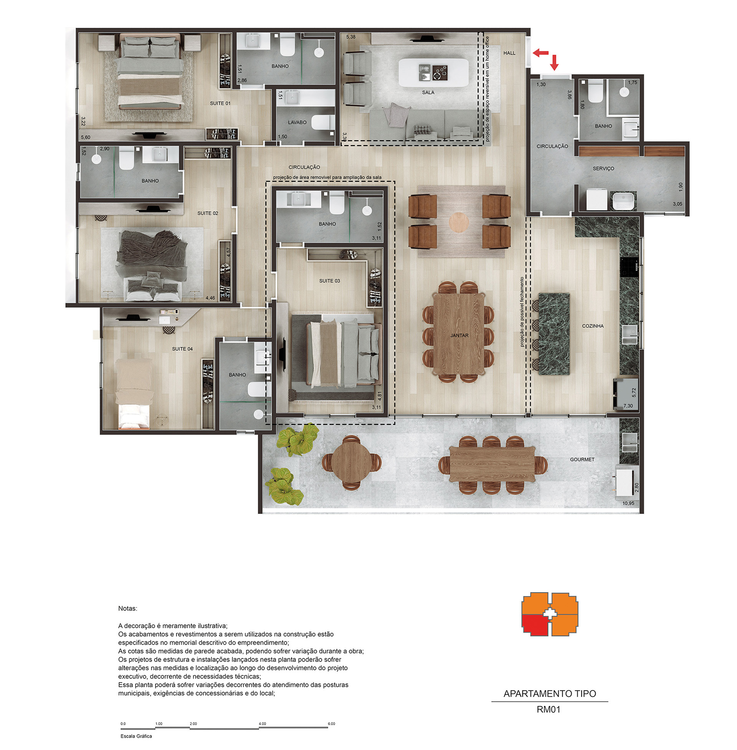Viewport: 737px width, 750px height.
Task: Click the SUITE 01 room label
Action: pyautogui.click(x=220, y=103)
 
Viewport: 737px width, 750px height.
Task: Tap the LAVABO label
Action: pyautogui.click(x=297, y=123)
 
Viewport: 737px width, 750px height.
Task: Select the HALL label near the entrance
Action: pyautogui.click(x=509, y=53)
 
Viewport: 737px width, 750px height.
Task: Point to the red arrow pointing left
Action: pyautogui.click(x=540, y=53)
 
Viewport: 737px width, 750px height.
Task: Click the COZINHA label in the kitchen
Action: pyautogui.click(x=592, y=326)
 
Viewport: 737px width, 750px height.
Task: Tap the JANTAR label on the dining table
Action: pyautogui.click(x=459, y=335)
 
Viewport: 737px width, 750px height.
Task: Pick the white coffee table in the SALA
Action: pyautogui.click(x=433, y=73)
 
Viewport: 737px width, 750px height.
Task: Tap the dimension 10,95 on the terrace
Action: pyautogui.click(x=628, y=503)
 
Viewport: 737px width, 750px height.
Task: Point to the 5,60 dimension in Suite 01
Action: pyautogui.click(x=85, y=137)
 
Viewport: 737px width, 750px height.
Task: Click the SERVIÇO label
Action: pyautogui.click(x=603, y=169)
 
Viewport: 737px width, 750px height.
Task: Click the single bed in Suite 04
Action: pyautogui.click(x=134, y=393)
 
